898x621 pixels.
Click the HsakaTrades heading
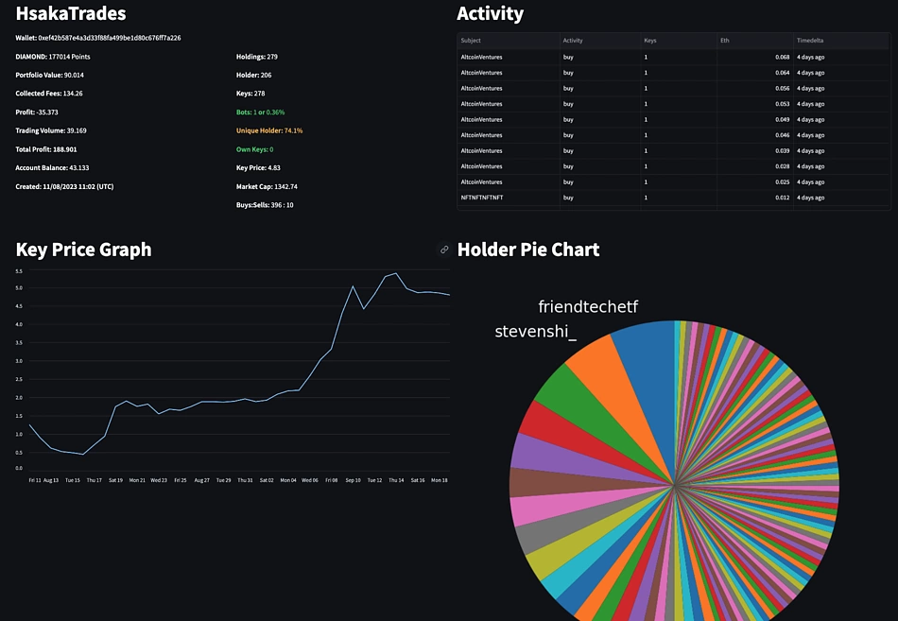pyautogui.click(x=71, y=14)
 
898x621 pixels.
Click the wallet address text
pyautogui.click(x=97, y=38)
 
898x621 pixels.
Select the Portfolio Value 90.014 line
pyautogui.click(x=49, y=75)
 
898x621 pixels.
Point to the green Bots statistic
pyautogui.click(x=260, y=112)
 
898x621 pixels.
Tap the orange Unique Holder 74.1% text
pyautogui.click(x=269, y=130)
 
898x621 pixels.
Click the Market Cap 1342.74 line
pyautogui.click(x=267, y=186)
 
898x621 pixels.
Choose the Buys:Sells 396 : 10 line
pyautogui.click(x=264, y=204)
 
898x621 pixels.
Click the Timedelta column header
pyautogui.click(x=810, y=41)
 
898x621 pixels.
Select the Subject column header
pyautogui.click(x=471, y=41)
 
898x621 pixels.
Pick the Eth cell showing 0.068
pyautogui.click(x=782, y=58)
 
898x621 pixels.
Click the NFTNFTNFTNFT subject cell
pyautogui.click(x=482, y=198)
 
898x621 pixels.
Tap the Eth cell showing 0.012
pyautogui.click(x=782, y=198)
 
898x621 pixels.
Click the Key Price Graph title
pyautogui.click(x=83, y=250)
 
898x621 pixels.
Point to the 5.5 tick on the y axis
pyautogui.click(x=19, y=271)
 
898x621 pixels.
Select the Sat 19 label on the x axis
pyautogui.click(x=115, y=480)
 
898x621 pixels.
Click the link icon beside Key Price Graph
pyautogui.click(x=444, y=250)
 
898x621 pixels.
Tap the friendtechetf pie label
pyautogui.click(x=588, y=306)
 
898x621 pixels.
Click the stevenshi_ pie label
pyautogui.click(x=535, y=331)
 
